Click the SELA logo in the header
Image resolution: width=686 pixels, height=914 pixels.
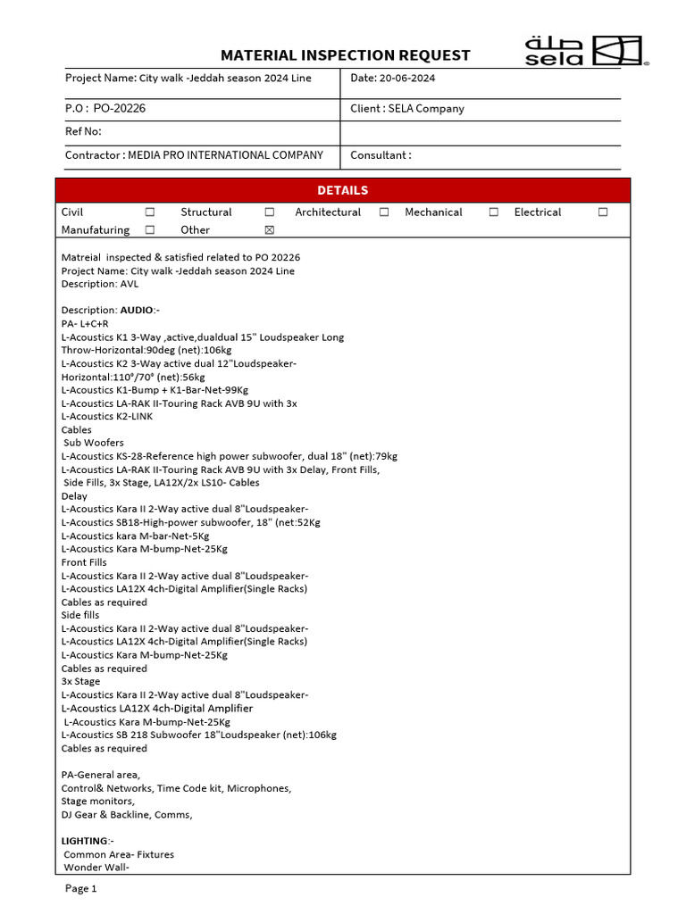pyautogui.click(x=585, y=51)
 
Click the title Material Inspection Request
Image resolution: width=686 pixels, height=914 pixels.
pyautogui.click(x=345, y=55)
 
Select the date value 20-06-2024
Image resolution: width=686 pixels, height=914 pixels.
pyautogui.click(x=407, y=79)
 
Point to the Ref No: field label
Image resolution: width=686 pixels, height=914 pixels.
pyautogui.click(x=84, y=132)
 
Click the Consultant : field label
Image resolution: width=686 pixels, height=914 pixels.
pyautogui.click(x=381, y=155)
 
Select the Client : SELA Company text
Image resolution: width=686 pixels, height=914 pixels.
pyautogui.click(x=407, y=109)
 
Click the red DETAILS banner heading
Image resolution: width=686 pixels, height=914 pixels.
pyautogui.click(x=343, y=190)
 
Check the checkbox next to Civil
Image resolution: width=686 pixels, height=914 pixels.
pyautogui.click(x=149, y=212)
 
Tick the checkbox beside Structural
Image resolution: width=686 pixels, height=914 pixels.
pyautogui.click(x=269, y=212)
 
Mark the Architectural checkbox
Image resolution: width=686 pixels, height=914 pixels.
pyautogui.click(x=384, y=212)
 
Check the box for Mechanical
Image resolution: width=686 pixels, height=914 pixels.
pyautogui.click(x=493, y=212)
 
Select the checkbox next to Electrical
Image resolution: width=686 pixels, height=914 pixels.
pyautogui.click(x=603, y=212)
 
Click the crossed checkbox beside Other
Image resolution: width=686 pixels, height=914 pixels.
pyautogui.click(x=269, y=230)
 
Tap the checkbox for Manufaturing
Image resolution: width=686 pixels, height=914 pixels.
pyautogui.click(x=149, y=230)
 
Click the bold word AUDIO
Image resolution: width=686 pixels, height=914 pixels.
pyautogui.click(x=138, y=311)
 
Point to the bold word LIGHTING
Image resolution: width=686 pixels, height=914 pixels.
pyautogui.click(x=86, y=842)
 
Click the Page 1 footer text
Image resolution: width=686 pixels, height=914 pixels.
pyautogui.click(x=81, y=889)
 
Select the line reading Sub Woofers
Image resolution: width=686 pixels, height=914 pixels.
pyautogui.click(x=94, y=443)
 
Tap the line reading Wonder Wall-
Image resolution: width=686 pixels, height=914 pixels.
pyautogui.click(x=96, y=868)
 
